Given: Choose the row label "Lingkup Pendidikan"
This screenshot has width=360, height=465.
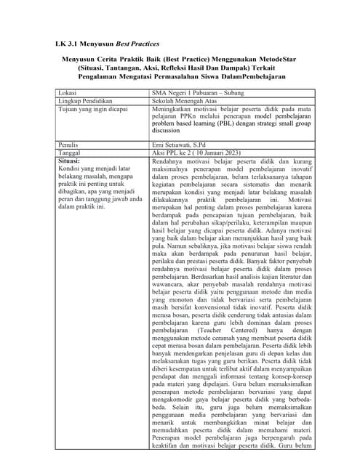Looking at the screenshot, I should coord(84,102).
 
